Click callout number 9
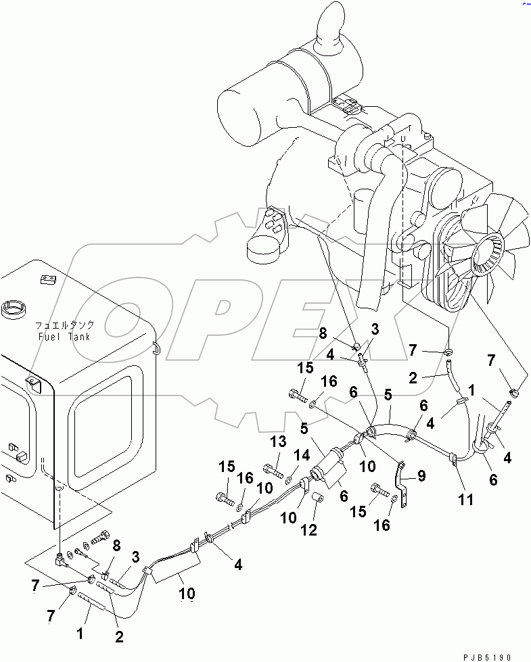coord(421,475)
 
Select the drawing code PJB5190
coord(491,657)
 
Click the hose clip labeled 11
coord(452,461)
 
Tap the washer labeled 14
coord(290,479)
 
